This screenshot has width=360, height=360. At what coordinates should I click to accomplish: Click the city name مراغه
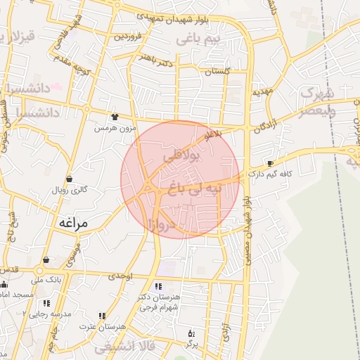[72, 223]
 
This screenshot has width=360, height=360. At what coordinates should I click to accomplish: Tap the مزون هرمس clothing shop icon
[115, 115]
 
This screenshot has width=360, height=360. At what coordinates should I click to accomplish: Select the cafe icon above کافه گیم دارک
[271, 163]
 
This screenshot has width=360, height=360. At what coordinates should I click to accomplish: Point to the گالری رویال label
[69, 190]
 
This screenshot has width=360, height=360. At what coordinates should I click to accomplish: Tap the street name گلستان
[218, 72]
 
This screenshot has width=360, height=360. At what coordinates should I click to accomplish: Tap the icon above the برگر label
[188, 333]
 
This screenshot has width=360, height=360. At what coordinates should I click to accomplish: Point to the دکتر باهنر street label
[155, 56]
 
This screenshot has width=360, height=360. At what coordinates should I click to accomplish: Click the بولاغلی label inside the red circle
[181, 157]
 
